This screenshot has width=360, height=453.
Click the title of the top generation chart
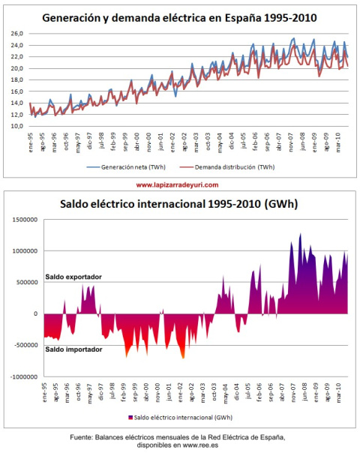179,18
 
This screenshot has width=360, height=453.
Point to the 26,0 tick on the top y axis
16,34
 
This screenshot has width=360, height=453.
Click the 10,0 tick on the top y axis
16,126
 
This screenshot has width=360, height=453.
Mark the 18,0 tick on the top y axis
16,80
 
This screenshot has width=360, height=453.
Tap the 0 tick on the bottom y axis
35,314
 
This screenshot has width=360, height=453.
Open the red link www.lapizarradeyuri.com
178,184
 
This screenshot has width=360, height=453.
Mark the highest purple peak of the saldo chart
301,235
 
